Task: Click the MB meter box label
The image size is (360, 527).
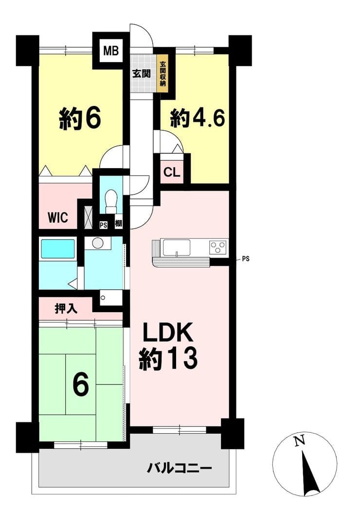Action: click(111, 52)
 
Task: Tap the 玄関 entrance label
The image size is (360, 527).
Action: click(141, 73)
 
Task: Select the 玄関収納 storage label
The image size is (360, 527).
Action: click(162, 73)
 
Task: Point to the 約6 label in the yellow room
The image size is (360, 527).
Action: click(80, 118)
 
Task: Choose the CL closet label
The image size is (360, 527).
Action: click(172, 173)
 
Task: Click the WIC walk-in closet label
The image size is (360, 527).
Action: click(58, 217)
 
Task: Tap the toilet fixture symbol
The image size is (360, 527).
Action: click(111, 201)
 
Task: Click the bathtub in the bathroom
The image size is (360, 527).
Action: click(57, 249)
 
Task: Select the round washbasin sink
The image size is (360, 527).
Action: click(98, 243)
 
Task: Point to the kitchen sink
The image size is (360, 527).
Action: click(177, 248)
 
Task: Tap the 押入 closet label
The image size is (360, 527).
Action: click(66, 309)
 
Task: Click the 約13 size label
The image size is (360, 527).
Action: click(168, 359)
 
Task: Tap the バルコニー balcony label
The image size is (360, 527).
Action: click(180, 468)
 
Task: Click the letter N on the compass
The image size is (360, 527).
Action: click(299, 440)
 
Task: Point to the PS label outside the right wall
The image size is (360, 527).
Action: click(246, 259)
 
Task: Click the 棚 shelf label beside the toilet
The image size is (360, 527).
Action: click(118, 224)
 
